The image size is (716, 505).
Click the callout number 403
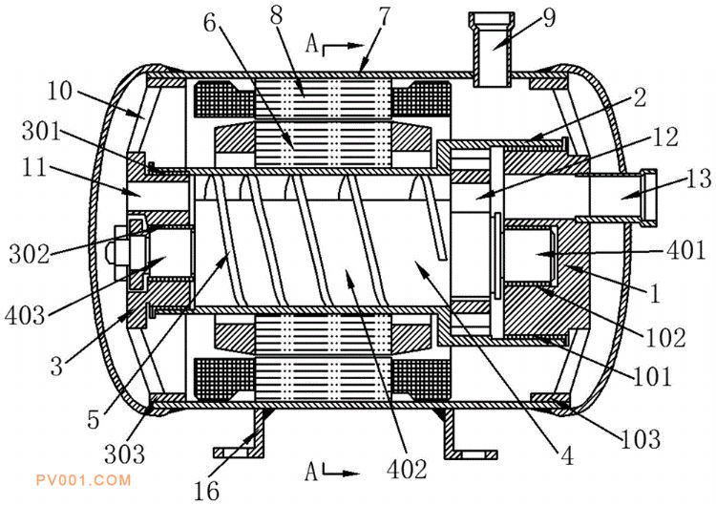pos(25,316)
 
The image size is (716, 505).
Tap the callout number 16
pos(206,492)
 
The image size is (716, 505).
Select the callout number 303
pos(125,453)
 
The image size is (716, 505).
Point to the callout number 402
pos(407,469)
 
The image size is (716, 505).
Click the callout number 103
pos(641,439)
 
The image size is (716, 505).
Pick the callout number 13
pos(699,179)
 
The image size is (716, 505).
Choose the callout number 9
pos(549,18)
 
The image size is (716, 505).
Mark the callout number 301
pos(41,132)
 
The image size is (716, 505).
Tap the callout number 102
pos(665,338)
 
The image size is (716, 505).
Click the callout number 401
pos(686,251)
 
